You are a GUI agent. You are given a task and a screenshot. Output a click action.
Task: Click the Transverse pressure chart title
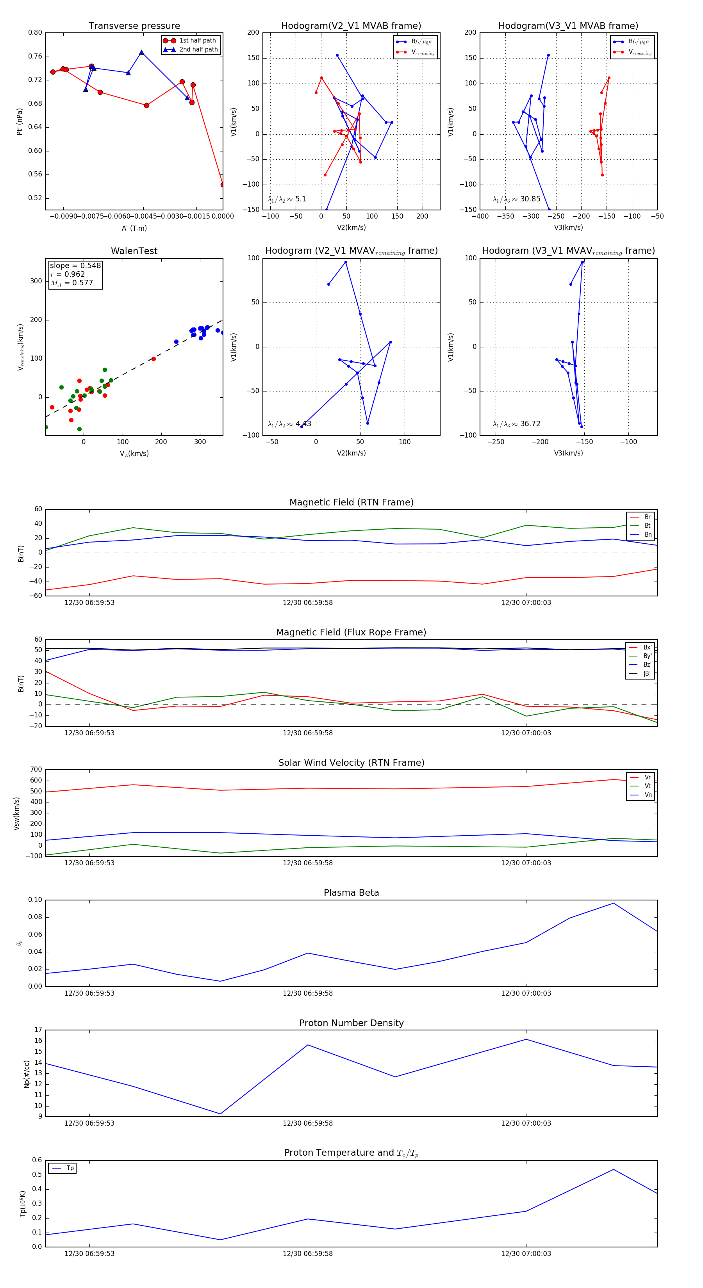134,26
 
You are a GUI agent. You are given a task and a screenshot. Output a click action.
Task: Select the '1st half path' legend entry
197,41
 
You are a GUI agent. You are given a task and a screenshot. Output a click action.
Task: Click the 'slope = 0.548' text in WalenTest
75,265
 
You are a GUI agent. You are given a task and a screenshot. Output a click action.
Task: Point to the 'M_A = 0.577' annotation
71,283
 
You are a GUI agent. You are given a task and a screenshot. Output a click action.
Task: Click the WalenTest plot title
134,251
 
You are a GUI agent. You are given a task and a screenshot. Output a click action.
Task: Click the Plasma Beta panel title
351,893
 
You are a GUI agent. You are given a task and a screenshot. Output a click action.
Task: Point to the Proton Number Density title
351,1023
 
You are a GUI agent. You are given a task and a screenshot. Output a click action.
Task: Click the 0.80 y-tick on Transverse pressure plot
35,32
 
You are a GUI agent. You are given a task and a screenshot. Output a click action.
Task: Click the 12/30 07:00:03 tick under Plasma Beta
526,993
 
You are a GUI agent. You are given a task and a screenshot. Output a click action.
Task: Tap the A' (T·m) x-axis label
134,228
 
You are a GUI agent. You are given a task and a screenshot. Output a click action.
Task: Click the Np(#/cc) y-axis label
27,1074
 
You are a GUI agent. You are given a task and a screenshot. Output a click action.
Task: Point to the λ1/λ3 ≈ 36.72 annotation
516,423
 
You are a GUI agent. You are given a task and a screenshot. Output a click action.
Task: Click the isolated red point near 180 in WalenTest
153,359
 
